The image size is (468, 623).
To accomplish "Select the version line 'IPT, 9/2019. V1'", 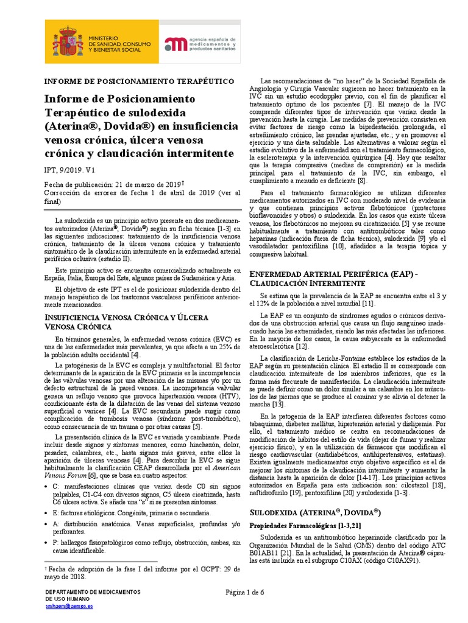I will (73, 172).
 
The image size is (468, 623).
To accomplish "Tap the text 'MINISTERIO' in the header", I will (107, 38).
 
